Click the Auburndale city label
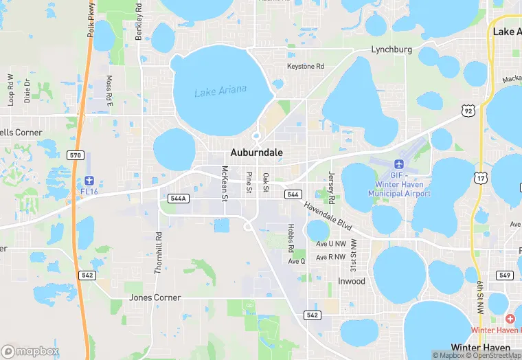256,153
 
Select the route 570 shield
76,155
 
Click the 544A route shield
177,198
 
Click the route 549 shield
505,275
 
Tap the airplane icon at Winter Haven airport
399,164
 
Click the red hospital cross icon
510,318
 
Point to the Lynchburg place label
391,49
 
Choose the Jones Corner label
155,297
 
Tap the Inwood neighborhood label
352,281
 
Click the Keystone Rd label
305,67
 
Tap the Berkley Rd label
139,21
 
